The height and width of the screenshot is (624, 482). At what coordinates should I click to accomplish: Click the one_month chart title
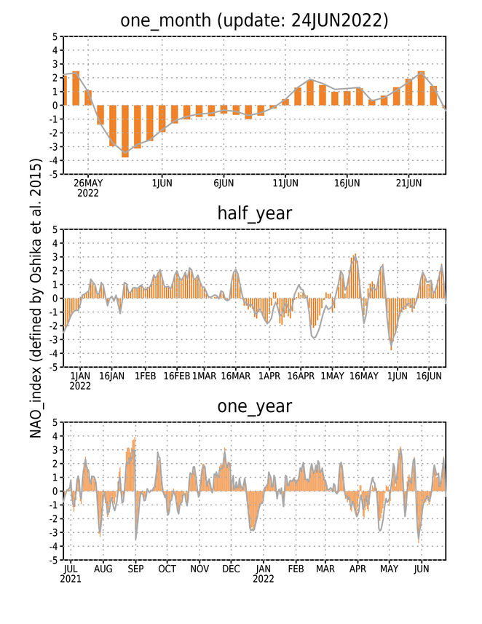click(254, 20)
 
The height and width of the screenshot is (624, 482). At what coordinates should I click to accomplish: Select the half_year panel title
click(255, 213)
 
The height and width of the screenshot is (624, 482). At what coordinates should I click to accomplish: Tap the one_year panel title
click(255, 406)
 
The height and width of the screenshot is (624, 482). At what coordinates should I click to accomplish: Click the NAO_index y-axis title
click(36, 298)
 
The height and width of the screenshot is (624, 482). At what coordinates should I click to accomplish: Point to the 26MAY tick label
click(88, 183)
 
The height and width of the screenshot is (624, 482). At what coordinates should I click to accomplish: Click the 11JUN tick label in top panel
click(285, 183)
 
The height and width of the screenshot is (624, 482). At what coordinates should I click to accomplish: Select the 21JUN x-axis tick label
click(408, 183)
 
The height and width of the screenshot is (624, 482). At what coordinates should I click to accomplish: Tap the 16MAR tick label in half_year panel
click(236, 376)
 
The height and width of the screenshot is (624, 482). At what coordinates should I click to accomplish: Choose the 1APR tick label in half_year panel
click(269, 376)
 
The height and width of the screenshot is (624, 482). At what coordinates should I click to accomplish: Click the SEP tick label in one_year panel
click(135, 569)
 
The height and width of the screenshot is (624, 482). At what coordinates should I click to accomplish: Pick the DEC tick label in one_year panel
click(232, 569)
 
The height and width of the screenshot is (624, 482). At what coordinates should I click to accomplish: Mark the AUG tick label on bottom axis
click(103, 569)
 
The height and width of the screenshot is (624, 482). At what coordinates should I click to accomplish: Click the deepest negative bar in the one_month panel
click(125, 131)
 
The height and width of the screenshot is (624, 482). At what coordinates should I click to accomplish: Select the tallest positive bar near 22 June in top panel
click(421, 88)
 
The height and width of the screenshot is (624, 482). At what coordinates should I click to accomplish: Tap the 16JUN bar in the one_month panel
click(347, 98)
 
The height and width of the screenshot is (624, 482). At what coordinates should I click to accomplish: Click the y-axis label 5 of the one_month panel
click(55, 37)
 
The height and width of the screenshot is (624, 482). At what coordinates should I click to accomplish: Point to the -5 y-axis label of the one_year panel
click(53, 561)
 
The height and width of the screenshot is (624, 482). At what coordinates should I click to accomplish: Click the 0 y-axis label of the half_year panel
click(55, 299)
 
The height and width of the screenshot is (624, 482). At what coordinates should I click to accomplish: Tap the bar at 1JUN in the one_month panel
click(162, 119)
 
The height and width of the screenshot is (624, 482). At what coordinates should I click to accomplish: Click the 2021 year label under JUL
click(71, 579)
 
